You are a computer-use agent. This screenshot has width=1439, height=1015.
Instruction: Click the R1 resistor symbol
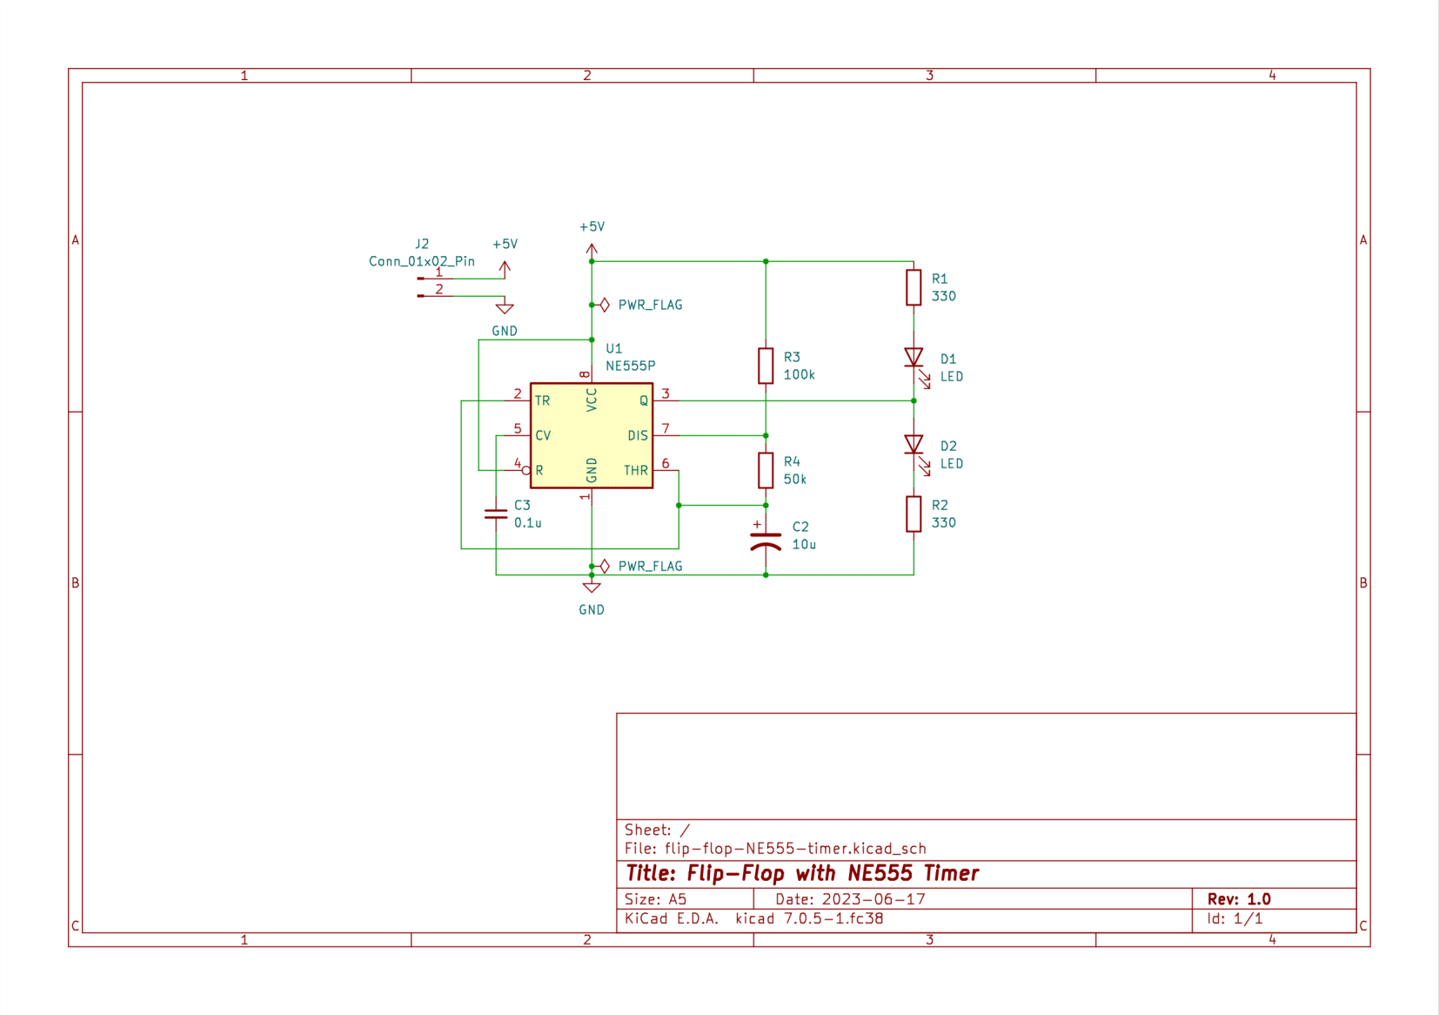tap(913, 287)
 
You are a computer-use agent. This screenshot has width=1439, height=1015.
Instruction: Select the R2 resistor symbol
tap(913, 514)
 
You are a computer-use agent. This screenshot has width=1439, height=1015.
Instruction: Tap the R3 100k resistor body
tap(765, 366)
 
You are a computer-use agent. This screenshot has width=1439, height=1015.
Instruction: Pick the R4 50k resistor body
tap(765, 470)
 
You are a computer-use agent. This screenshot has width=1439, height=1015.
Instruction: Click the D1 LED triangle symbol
tap(913, 358)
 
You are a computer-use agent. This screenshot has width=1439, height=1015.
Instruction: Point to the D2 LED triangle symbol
tap(913, 445)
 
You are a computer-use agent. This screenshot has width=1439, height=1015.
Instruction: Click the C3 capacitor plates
tap(495, 514)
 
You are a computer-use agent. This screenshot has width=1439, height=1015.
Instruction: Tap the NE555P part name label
tap(630, 366)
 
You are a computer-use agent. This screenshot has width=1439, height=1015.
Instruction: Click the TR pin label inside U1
tap(542, 400)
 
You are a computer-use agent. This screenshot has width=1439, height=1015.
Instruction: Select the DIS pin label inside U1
tap(637, 435)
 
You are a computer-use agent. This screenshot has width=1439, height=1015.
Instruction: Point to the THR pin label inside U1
tap(635, 470)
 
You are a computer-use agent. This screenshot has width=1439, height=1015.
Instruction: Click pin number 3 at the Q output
tap(666, 393)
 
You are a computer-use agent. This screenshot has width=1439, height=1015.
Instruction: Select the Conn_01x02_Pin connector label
tap(421, 261)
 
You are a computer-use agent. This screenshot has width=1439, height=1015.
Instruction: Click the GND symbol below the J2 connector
tap(505, 308)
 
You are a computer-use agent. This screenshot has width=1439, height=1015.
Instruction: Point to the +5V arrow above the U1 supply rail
tap(592, 249)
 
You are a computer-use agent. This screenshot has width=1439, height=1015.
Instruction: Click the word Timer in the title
tap(951, 873)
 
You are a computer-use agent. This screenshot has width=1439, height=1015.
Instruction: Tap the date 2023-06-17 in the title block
tap(873, 899)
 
